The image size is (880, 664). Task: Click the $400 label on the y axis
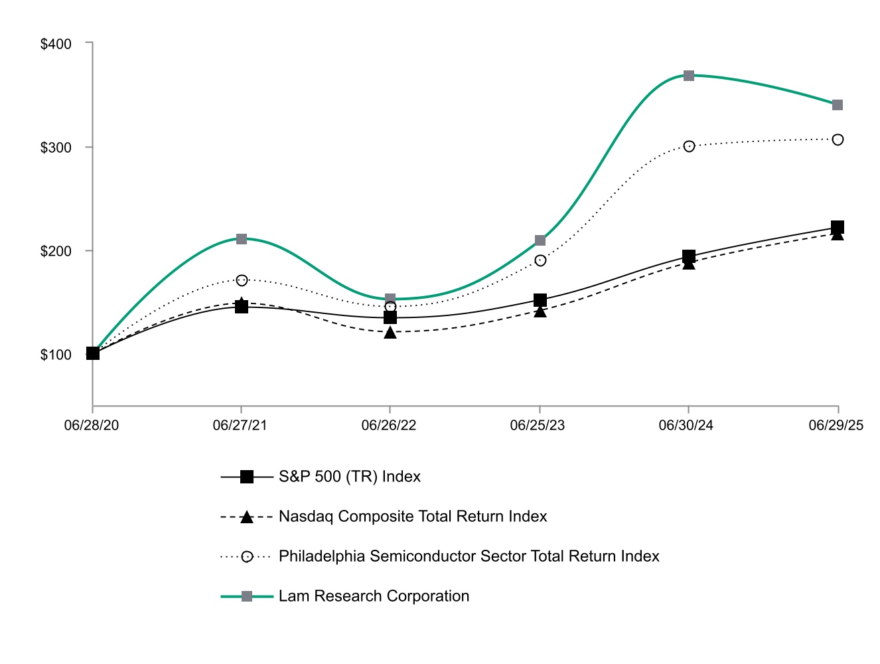point(56,44)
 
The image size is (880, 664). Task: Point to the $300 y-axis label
point(56,148)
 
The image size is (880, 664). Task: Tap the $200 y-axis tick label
point(56,252)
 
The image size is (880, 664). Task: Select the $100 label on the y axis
point(56,355)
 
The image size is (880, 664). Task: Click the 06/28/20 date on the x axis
point(92,426)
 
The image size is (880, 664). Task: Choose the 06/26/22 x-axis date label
point(389,426)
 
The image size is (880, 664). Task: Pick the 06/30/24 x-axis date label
point(686,426)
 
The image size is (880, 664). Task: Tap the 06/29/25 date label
point(836,426)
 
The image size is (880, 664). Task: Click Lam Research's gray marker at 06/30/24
point(689,76)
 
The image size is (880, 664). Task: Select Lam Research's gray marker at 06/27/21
point(242,239)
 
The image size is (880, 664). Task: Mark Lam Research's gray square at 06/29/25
point(838,105)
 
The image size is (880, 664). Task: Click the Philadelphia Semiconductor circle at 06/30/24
point(689,146)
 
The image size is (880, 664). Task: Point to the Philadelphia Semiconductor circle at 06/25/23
point(540,260)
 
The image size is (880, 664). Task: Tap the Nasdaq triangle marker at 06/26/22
point(390,332)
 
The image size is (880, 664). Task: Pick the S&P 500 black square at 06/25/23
point(540,300)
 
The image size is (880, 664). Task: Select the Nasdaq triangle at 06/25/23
point(540,311)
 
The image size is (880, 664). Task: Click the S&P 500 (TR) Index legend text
point(350,477)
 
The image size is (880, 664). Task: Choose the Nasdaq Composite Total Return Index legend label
point(413,517)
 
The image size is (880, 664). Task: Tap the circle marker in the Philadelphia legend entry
point(247,556)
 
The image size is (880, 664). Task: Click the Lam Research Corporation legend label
point(374,596)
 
